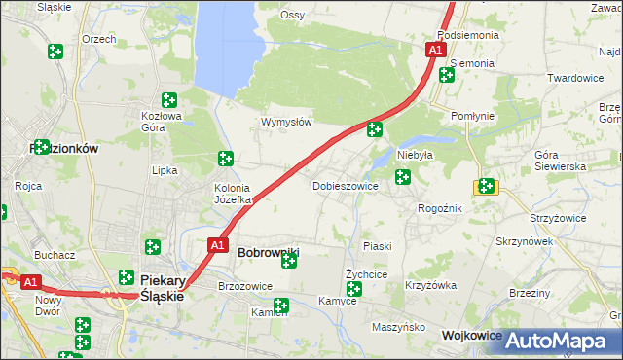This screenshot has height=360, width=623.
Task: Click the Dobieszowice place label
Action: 345,186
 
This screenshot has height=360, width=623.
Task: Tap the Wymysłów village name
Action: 286,123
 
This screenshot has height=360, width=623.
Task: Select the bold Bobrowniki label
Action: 268,252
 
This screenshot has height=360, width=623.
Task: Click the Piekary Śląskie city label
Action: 162,287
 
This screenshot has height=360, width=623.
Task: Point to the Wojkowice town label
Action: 471,335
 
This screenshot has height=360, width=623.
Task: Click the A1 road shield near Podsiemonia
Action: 435,49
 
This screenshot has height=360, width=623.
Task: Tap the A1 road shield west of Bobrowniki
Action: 218,245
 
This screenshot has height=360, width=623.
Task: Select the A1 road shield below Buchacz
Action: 31,282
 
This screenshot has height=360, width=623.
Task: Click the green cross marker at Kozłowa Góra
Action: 168,99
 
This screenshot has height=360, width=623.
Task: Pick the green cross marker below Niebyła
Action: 402,176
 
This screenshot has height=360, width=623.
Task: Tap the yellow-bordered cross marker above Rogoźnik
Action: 485,186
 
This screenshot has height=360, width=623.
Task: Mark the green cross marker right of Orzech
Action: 55,51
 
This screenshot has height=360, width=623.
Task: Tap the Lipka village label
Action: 165,170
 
